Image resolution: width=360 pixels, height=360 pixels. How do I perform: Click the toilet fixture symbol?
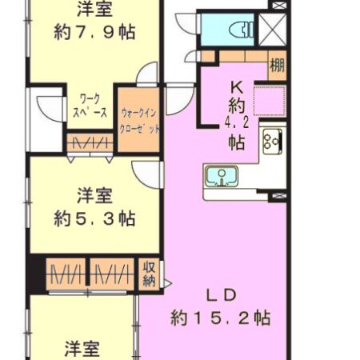point(241,30)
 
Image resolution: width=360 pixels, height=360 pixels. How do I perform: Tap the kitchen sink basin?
point(222,176)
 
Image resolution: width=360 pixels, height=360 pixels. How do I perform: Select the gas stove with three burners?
point(272,142)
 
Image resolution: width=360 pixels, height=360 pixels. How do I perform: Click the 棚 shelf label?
point(277,65)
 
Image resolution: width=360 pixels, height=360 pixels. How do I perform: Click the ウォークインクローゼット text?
point(139,122)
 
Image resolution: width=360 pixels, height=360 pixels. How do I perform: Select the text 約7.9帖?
point(94,32)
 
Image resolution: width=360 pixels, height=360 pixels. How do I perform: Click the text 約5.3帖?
point(94,219)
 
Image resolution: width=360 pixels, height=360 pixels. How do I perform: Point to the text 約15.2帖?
point(221,318)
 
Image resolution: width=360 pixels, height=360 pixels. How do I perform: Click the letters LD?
point(222,295)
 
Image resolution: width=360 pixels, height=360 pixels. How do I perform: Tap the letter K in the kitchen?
point(237,87)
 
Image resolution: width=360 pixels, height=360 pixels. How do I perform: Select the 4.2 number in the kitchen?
point(237,123)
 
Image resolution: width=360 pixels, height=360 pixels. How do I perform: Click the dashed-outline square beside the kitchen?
point(270,100)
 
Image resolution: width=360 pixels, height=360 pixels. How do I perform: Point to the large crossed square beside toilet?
point(272,30)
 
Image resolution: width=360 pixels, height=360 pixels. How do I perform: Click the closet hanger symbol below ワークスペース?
point(90,142)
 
